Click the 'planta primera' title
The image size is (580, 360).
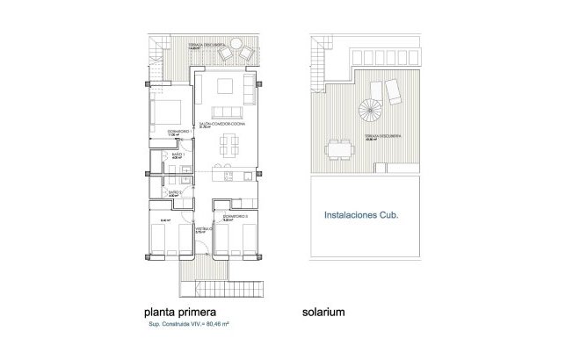(x=179, y=311)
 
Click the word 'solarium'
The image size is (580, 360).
(x=323, y=311)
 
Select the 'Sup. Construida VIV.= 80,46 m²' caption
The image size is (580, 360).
(x=189, y=325)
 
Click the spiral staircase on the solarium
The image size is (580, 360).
(x=368, y=112)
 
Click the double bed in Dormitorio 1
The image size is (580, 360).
(x=169, y=112)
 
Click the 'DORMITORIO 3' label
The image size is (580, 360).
(x=234, y=215)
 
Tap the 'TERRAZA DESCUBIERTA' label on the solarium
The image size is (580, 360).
(x=379, y=139)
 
